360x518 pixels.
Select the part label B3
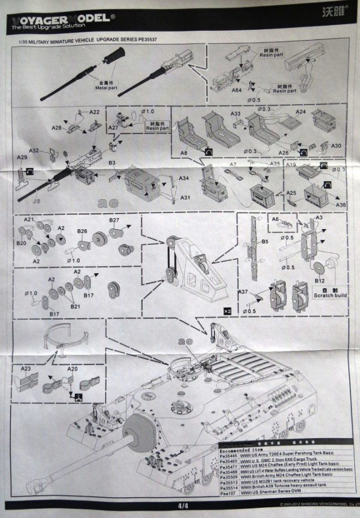point(112,163)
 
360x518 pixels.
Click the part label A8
point(184,153)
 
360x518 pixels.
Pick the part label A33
point(236,114)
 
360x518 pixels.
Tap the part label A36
point(341,205)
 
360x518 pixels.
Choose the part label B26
point(82,231)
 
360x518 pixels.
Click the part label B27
point(114,220)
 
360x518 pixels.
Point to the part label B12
point(319,280)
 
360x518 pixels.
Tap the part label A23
point(26,369)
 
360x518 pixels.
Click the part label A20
point(73,369)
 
